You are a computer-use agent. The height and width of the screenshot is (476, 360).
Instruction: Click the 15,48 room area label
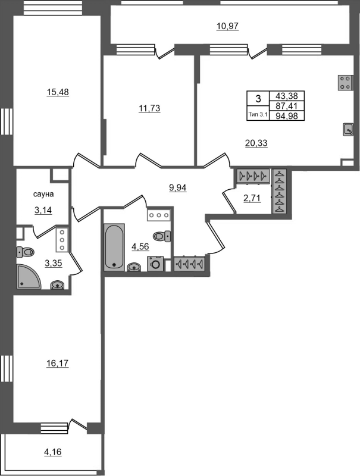click(58, 92)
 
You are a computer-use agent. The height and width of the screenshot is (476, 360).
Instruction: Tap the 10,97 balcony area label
click(228, 26)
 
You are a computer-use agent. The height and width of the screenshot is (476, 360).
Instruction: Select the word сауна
click(43, 194)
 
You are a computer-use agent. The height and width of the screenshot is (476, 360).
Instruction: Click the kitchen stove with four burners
click(346, 83)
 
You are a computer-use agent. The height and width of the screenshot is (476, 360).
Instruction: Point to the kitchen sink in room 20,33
click(348, 130)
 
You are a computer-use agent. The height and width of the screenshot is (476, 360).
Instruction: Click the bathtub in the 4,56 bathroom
click(114, 247)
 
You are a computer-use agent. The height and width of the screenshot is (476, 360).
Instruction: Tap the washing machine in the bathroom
click(155, 264)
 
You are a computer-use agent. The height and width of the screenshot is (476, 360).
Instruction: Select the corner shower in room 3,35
click(29, 277)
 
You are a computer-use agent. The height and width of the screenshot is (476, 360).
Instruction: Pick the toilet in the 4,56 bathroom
click(162, 236)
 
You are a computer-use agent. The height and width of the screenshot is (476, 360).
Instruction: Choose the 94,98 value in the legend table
click(287, 115)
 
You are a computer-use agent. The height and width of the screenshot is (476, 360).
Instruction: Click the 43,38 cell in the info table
click(287, 96)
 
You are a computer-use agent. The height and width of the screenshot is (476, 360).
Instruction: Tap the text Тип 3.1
click(258, 114)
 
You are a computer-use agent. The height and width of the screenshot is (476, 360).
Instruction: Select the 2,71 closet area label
click(252, 198)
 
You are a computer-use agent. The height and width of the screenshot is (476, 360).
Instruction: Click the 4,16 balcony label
click(53, 452)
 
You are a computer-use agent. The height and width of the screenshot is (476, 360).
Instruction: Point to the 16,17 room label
click(58, 363)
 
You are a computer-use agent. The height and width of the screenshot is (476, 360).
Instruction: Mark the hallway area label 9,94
click(177, 188)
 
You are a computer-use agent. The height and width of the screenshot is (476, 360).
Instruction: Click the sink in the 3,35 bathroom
click(57, 285)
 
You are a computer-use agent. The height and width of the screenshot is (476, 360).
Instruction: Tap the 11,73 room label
click(149, 108)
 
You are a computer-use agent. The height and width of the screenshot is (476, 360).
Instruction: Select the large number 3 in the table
click(258, 99)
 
